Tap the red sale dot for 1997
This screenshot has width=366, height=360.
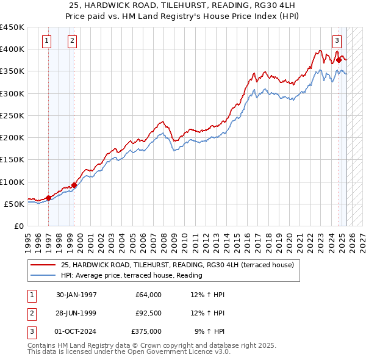tap(49, 198)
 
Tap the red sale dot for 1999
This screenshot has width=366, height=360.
tap(74, 185)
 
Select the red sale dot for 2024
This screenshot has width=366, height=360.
tap(339, 60)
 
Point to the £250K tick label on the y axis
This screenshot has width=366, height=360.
tap(12, 115)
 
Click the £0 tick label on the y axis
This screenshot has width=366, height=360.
tap(18, 226)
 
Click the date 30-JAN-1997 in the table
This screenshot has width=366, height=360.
tap(76, 295)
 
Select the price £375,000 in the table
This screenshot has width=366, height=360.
tap(146, 331)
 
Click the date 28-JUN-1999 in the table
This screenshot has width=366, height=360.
tap(76, 313)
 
